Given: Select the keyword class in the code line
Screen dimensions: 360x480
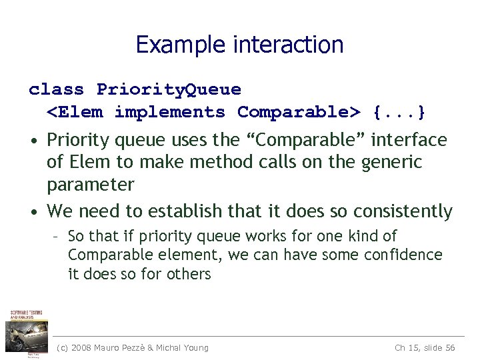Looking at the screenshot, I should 57,89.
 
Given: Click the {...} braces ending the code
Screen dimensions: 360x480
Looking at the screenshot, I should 399,112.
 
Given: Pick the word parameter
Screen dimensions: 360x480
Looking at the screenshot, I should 91,184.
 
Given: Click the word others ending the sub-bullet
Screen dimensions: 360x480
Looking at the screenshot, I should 189,273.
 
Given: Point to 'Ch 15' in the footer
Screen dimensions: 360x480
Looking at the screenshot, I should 406,347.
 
